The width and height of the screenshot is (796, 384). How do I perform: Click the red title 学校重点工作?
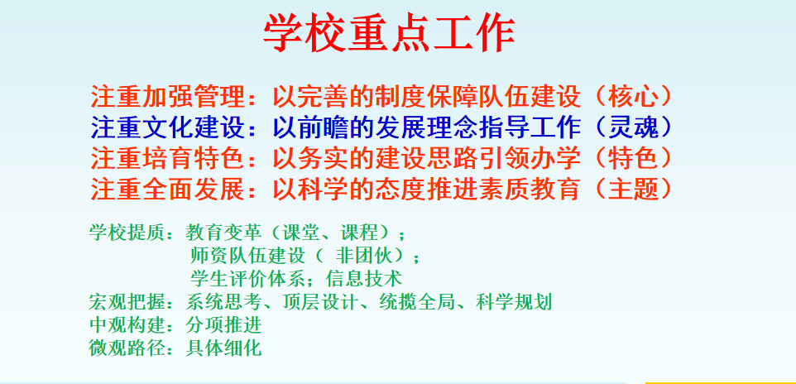click(390, 33)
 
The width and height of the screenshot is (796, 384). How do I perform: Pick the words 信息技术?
click(365, 279)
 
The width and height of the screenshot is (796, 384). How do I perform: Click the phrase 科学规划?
click(514, 302)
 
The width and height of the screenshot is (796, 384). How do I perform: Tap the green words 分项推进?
click(224, 325)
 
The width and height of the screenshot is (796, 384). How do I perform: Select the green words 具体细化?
click(224, 348)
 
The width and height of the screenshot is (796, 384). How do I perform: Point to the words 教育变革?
click(224, 233)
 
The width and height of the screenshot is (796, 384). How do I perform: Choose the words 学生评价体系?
click(248, 279)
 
